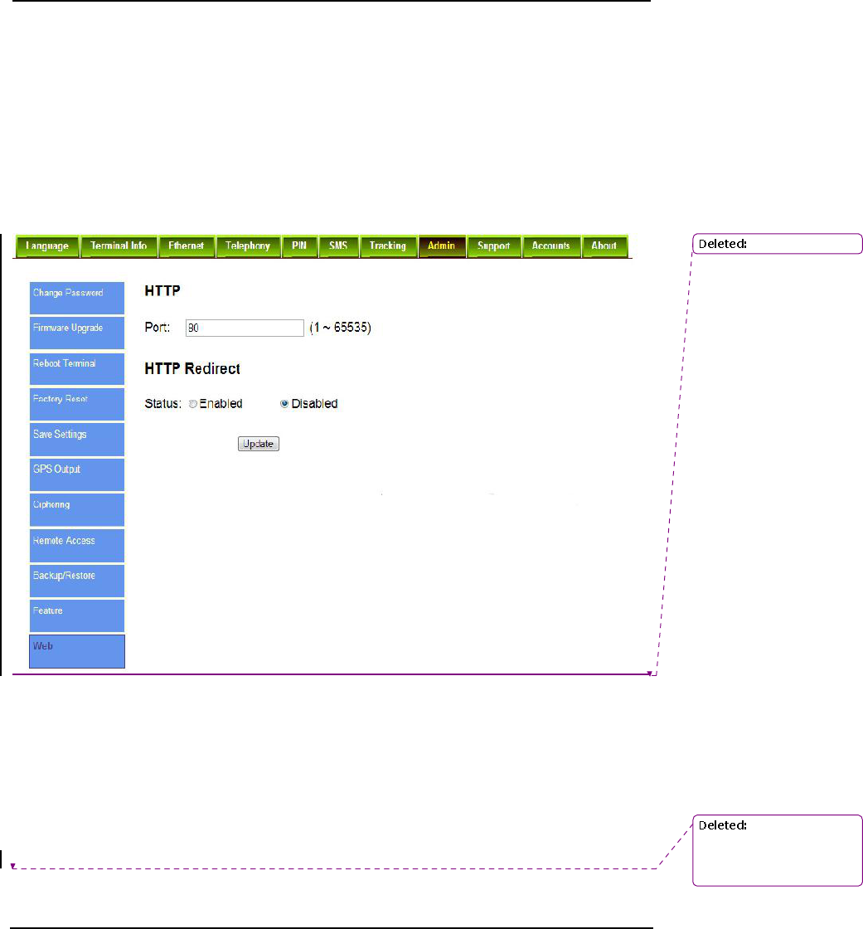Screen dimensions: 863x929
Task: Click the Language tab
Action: click(x=46, y=246)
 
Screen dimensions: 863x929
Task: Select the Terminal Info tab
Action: click(x=119, y=246)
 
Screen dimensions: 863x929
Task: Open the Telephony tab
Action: click(x=248, y=246)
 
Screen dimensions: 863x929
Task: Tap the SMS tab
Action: click(x=337, y=246)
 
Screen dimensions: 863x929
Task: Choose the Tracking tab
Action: click(x=387, y=246)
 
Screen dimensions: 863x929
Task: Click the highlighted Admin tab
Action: click(x=442, y=246)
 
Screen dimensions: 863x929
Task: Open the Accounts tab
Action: click(x=550, y=246)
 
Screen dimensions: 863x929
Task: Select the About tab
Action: click(x=604, y=246)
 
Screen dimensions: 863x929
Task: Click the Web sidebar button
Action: click(x=77, y=650)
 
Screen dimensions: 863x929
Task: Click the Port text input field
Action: click(x=245, y=328)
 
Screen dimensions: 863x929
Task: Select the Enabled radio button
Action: click(x=193, y=404)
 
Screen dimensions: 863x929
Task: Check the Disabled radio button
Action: click(x=284, y=404)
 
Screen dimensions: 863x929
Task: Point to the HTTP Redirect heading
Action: click(x=192, y=367)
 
